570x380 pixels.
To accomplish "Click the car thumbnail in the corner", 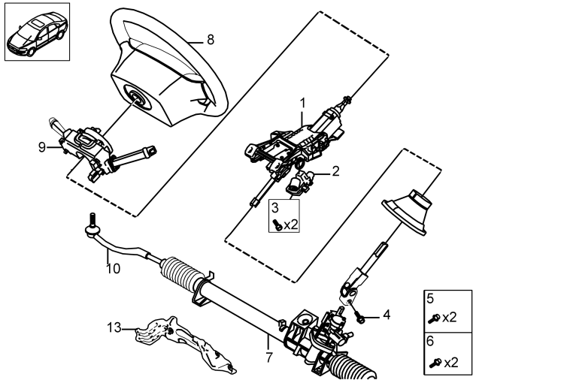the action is click(x=37, y=32).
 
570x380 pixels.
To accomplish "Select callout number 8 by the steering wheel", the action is click(x=211, y=40).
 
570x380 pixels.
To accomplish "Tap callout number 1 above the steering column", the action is click(x=303, y=103).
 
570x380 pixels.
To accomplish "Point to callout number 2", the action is click(x=335, y=171).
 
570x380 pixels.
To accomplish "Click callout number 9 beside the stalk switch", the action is click(x=42, y=147).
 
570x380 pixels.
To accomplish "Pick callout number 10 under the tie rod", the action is click(x=113, y=269).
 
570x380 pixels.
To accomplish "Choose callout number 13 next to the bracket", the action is click(x=114, y=327).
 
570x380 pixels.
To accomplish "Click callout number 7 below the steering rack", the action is click(x=268, y=357).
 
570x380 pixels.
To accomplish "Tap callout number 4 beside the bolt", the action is click(x=387, y=315).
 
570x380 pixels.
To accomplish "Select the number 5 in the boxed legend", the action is click(x=430, y=299).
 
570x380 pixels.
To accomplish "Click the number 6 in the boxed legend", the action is click(x=430, y=341).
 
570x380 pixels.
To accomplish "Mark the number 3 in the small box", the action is click(x=274, y=207).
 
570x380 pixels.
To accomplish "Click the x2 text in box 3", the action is click(x=291, y=225).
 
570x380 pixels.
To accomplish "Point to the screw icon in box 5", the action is click(x=434, y=318).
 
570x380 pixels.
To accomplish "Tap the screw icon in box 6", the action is click(x=435, y=363).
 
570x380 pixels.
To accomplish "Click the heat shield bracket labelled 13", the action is click(x=185, y=344).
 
